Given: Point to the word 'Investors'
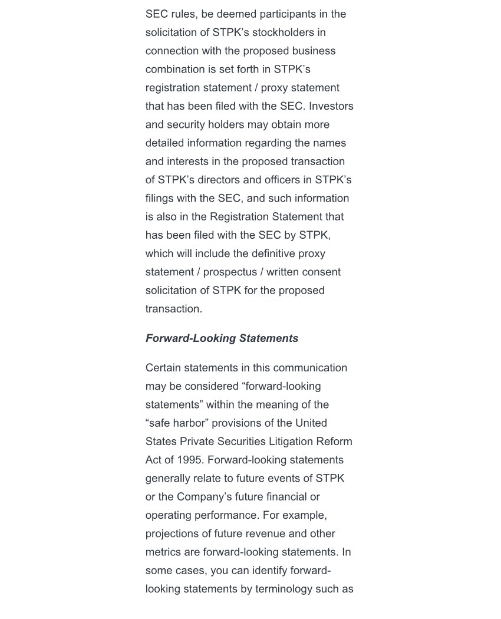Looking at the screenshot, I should (331, 106).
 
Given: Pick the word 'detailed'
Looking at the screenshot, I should (165, 143).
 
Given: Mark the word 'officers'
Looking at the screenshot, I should (284, 180).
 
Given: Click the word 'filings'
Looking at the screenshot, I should (160, 198).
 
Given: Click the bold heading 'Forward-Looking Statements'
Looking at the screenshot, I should (222, 338).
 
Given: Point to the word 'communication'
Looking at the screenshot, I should (310, 368).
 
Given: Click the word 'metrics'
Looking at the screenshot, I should (163, 552).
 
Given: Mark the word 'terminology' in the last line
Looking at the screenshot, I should (282, 589).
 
